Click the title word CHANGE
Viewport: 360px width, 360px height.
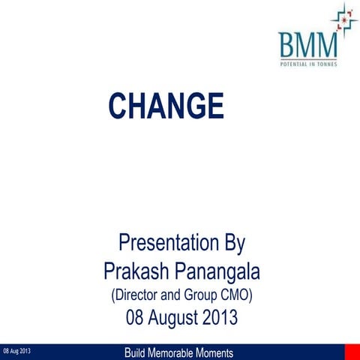pyautogui.click(x=166, y=106)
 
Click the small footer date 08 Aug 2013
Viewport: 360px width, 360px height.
pyautogui.click(x=16, y=352)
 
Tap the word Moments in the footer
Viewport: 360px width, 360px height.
pyautogui.click(x=213, y=352)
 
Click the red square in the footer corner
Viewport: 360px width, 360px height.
pyautogui.click(x=352, y=352)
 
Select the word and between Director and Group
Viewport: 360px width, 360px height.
pyautogui.click(x=175, y=295)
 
